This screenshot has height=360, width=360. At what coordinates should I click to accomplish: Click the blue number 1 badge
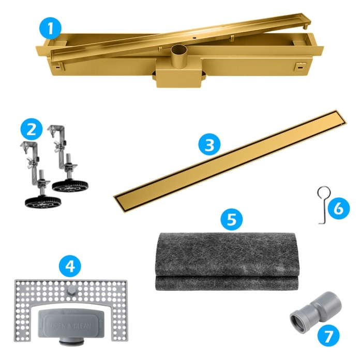pos(50,29)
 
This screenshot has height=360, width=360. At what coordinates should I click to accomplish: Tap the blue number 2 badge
pos(32,129)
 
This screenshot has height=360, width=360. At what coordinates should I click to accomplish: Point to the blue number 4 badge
pos(70,266)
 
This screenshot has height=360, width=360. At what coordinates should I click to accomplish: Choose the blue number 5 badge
pos(232,219)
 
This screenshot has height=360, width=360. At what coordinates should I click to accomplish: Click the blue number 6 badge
pos(339,208)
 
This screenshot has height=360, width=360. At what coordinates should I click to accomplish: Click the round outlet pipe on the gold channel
pos(179,57)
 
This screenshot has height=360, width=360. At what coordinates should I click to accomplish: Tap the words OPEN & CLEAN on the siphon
pos(71,326)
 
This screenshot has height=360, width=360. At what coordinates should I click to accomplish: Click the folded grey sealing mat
pos(227,262)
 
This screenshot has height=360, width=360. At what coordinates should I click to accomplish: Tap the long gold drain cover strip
pos(230,161)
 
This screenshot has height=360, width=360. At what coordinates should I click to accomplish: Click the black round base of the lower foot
pos(43,202)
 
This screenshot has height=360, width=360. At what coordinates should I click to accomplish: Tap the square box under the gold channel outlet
pos(179,77)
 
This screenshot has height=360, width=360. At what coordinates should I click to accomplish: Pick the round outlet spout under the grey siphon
pos(71,342)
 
